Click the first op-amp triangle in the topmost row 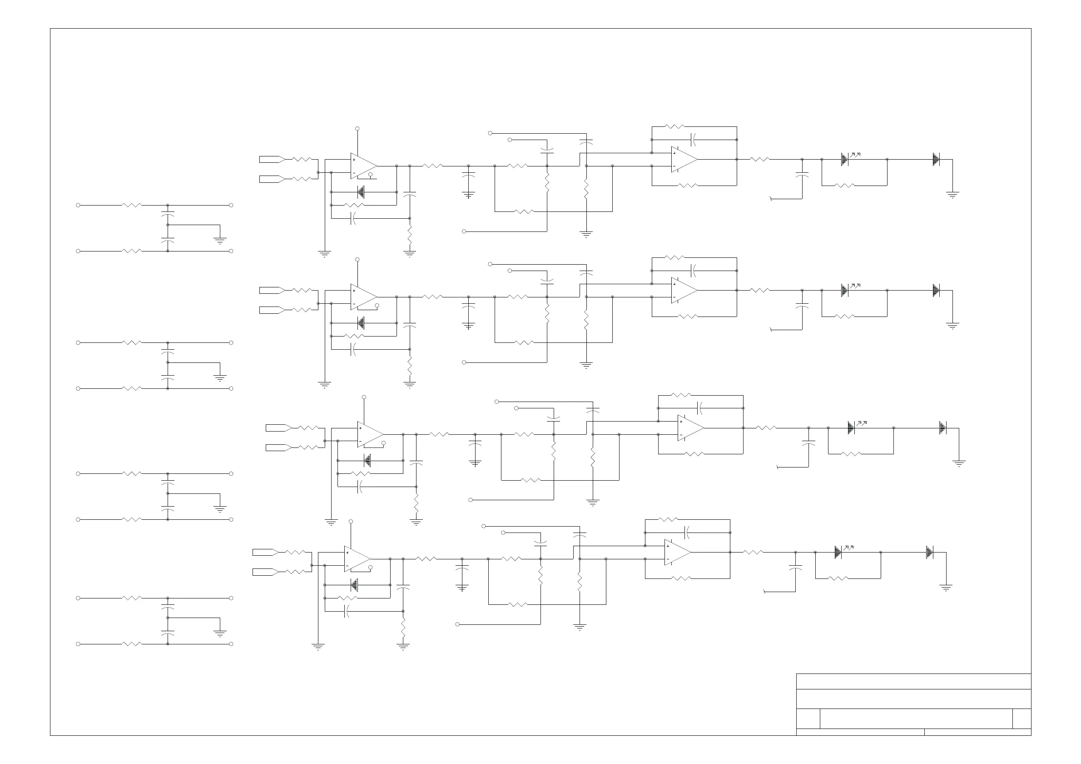coord(362,166)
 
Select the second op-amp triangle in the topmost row coord(684,159)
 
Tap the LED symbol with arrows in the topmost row coord(846,159)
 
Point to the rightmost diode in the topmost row coord(936,159)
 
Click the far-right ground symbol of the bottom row coord(946,587)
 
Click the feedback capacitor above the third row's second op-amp coord(700,408)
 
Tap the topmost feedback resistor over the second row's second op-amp coord(674,258)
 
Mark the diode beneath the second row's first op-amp coord(361,323)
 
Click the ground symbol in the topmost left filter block coord(220,241)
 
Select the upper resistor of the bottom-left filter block coord(132,598)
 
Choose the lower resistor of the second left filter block coord(132,388)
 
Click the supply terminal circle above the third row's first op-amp coord(364,397)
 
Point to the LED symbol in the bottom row coord(838,552)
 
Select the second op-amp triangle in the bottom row coord(677,552)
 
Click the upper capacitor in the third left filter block coord(168,482)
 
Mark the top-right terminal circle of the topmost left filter coord(231,205)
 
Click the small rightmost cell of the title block coord(1021,718)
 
